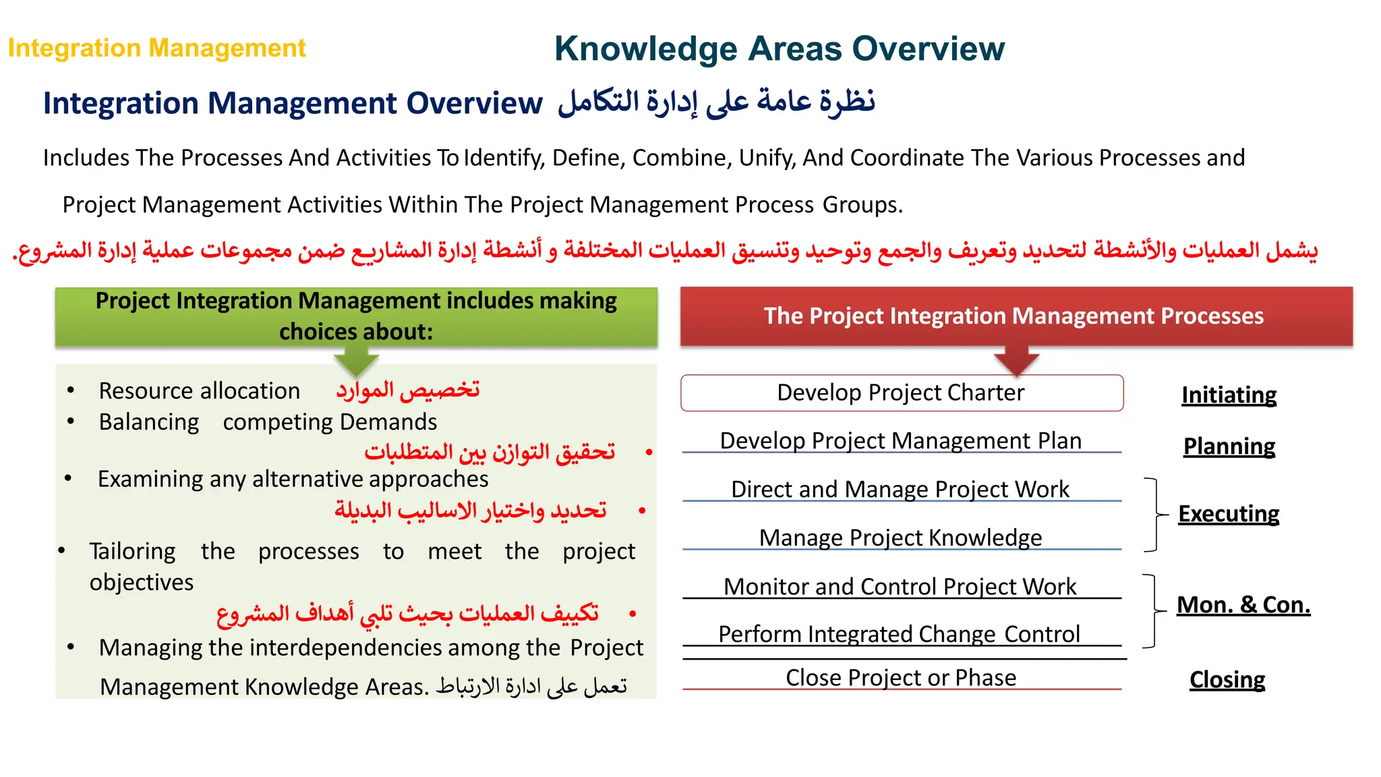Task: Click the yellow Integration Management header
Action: [156, 49]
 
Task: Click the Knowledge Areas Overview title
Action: [779, 49]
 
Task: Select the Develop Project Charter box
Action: [902, 393]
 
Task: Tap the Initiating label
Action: [1229, 395]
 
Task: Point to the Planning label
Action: [1229, 447]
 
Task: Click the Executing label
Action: [1228, 514]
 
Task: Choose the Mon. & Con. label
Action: [1243, 605]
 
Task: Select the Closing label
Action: [1227, 680]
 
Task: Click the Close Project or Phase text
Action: [900, 677]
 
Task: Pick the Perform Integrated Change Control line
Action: [899, 634]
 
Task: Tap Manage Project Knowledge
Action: [900, 538]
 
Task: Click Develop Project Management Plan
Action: [900, 440]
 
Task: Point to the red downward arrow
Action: [1016, 361]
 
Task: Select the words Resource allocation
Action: [199, 391]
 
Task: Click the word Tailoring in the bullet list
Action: [132, 552]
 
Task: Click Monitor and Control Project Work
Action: [900, 587]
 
